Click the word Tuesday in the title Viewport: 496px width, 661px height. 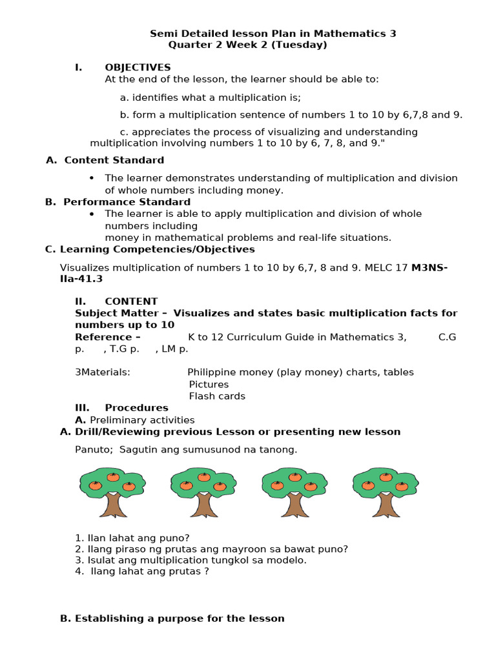point(302,45)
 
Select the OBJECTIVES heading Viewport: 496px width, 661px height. point(138,67)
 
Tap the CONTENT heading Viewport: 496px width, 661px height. point(131,301)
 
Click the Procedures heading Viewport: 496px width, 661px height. point(136,408)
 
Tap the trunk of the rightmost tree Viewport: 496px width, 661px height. point(386,505)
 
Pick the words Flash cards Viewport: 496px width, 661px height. point(217,396)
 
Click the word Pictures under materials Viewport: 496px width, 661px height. point(209,385)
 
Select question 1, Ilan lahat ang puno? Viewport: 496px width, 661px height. point(132,538)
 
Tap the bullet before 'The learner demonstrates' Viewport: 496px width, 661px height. point(92,178)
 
